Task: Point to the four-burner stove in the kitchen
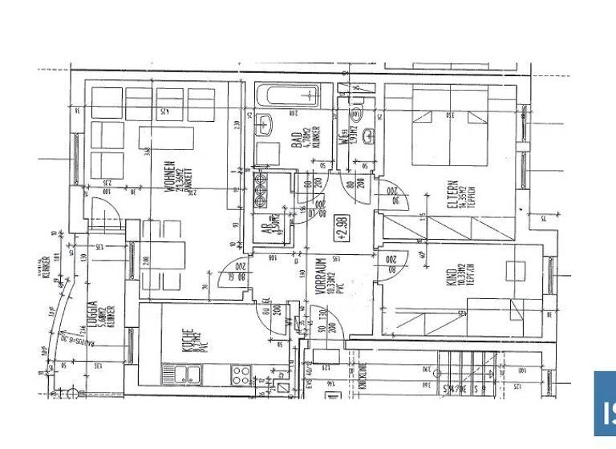[241, 373]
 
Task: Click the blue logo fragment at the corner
[605, 409]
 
